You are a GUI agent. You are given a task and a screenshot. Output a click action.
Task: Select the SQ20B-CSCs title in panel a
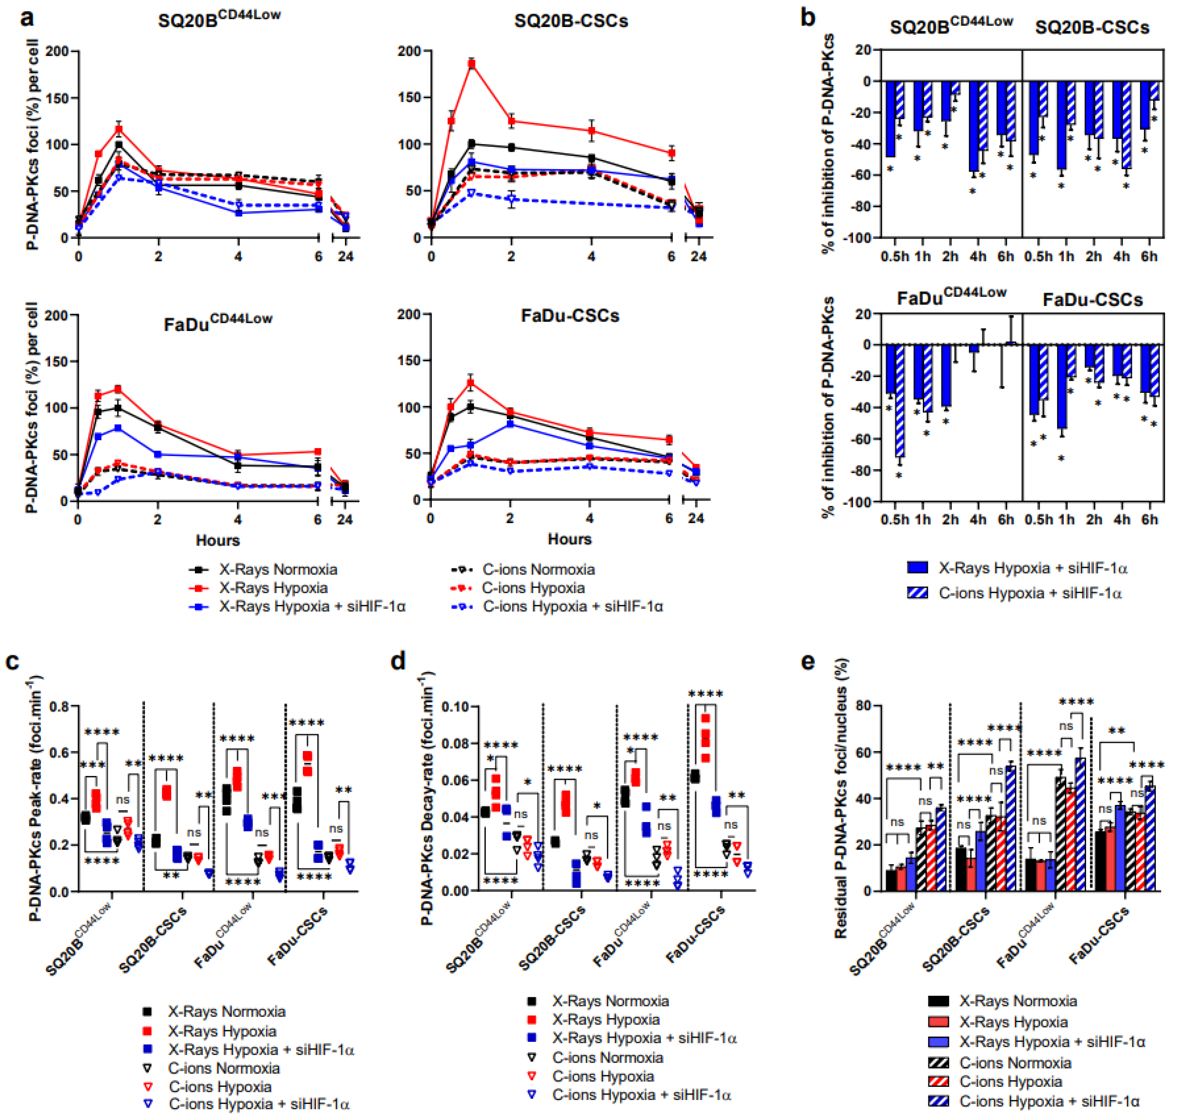pyautogui.click(x=571, y=21)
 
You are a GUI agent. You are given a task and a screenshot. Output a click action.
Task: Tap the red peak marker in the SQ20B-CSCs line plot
pyautogui.click(x=472, y=64)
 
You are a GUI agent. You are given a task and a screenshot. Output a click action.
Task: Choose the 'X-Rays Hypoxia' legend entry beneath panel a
pyautogui.click(x=273, y=588)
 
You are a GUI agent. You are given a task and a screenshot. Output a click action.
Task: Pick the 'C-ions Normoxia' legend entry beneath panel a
pyautogui.click(x=538, y=569)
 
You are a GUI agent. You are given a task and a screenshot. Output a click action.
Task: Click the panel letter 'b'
pyautogui.click(x=808, y=18)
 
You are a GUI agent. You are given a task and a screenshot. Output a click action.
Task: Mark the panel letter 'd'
pyautogui.click(x=398, y=661)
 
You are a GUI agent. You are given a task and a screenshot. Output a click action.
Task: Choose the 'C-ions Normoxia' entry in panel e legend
pyautogui.click(x=1015, y=1063)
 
